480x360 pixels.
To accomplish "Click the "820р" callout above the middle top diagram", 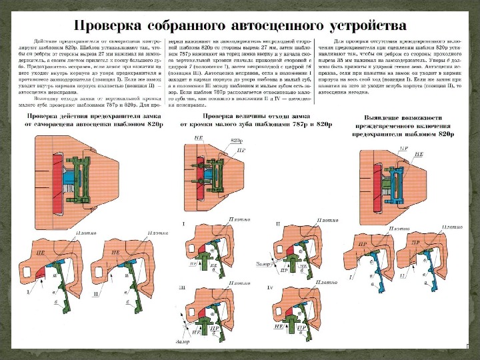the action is click(236, 141).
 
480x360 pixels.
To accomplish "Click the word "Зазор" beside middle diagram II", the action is click(262, 264).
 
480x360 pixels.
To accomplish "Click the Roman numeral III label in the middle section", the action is click(182, 287).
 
